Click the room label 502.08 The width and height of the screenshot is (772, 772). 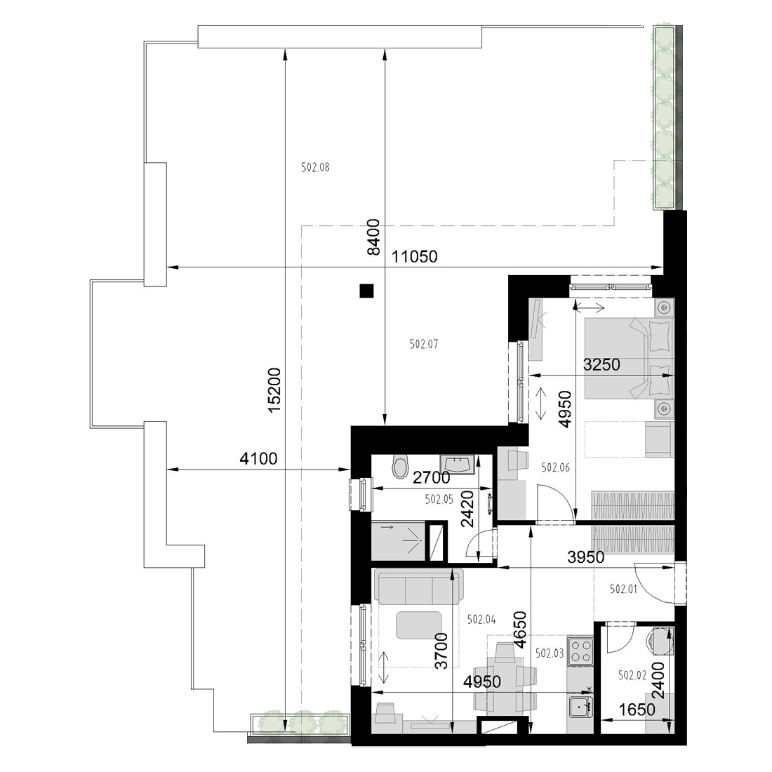click(315, 168)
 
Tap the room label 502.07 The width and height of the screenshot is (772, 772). click(424, 344)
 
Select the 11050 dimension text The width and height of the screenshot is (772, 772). click(415, 256)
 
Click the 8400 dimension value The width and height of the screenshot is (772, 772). click(373, 237)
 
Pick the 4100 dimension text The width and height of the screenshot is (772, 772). click(258, 459)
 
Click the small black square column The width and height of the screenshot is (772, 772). click(366, 291)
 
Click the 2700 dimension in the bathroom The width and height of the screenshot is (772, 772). click(432, 477)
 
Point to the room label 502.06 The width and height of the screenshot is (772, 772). click(555, 467)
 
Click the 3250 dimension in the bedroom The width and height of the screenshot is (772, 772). click(601, 365)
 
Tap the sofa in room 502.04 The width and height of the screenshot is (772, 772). click(418, 586)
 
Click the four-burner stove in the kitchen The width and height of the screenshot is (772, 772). click(580, 650)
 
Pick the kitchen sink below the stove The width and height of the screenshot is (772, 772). click(580, 707)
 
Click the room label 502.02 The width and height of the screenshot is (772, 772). click(632, 675)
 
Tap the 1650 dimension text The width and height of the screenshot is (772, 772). click(637, 710)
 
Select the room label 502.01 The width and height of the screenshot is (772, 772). click(623, 589)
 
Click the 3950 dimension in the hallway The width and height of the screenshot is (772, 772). click(586, 557)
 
